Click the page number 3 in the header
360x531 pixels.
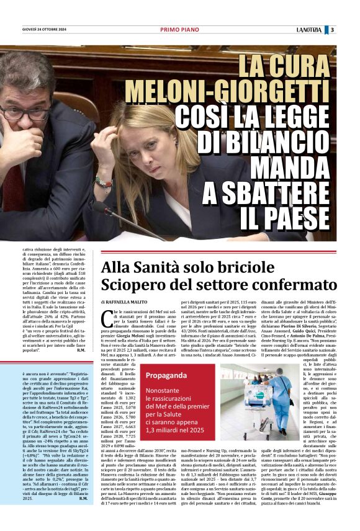[x=349, y=30]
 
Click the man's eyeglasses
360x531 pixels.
[x=24, y=113]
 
